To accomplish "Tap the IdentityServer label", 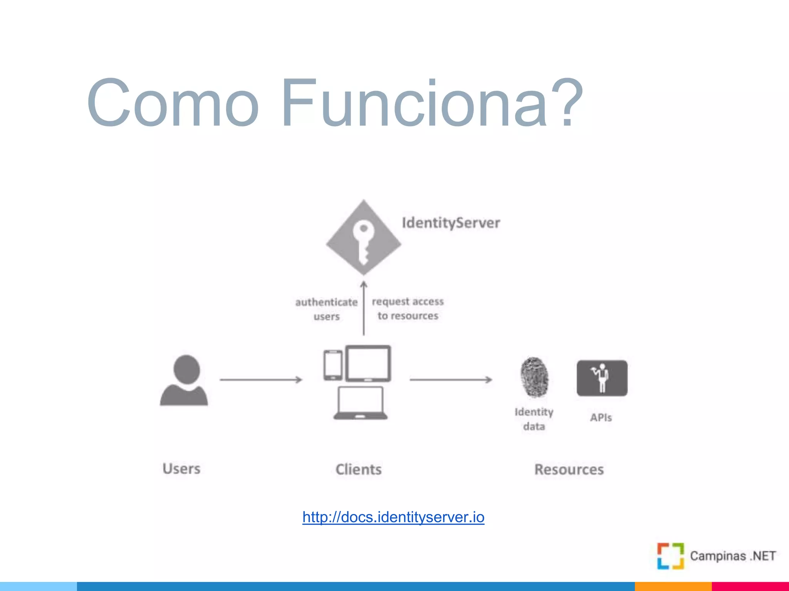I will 451,223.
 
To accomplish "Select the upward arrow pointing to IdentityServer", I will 364,308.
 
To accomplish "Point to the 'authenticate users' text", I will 326,309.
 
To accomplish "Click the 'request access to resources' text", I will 408,308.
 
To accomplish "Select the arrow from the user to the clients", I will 261,380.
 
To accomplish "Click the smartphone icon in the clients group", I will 333,365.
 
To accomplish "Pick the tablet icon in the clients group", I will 368,363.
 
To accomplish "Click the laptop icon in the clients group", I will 361,403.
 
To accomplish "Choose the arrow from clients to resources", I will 451,380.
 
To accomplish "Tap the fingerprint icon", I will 534,377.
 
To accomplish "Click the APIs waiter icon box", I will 602,378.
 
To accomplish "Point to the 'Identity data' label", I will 534,419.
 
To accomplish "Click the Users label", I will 181,469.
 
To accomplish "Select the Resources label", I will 569,469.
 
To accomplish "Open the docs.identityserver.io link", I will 393,517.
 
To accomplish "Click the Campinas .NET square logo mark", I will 670,556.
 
